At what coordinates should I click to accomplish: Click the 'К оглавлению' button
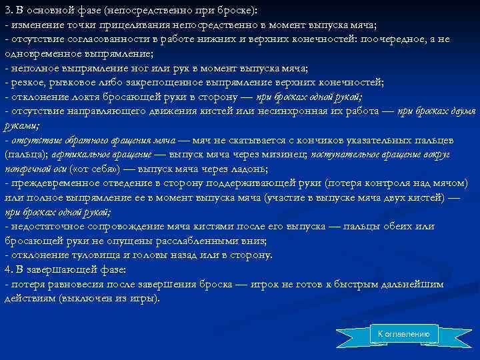404,333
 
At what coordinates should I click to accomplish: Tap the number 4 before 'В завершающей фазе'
7,270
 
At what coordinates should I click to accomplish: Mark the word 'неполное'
31,68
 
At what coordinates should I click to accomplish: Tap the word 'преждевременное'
53,183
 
